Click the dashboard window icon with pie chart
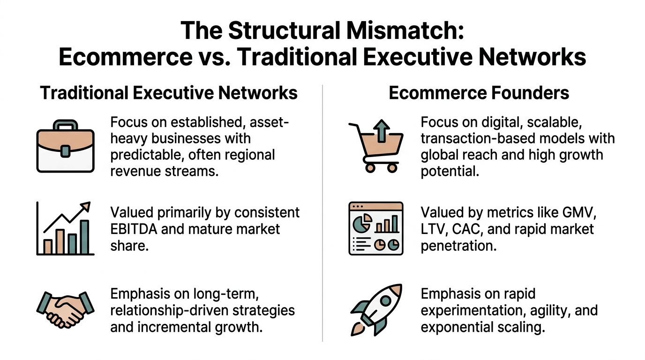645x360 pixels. click(x=376, y=228)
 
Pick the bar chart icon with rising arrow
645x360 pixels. click(x=65, y=229)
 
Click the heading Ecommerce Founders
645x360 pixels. click(x=479, y=93)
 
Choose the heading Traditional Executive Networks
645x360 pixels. click(x=169, y=93)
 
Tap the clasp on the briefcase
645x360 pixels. click(x=65, y=150)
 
